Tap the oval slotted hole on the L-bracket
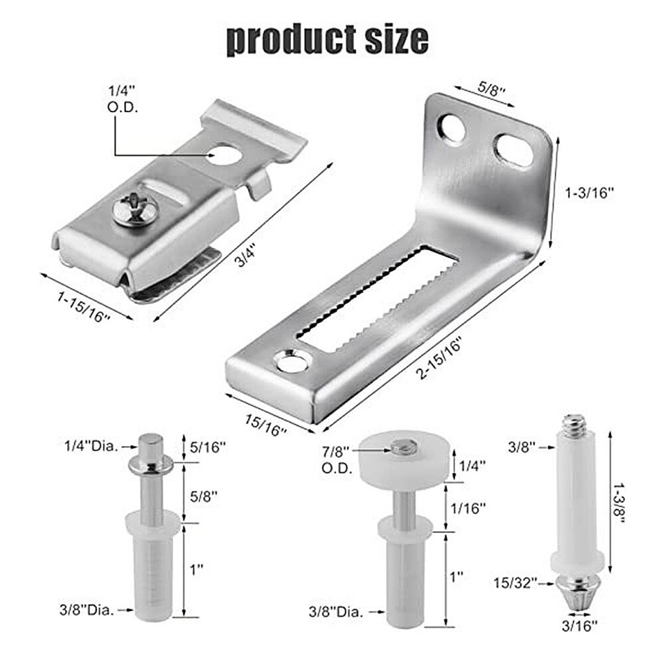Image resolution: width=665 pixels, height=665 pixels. pyautogui.click(x=513, y=150)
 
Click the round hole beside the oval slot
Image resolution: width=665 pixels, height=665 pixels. pyautogui.click(x=452, y=128)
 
